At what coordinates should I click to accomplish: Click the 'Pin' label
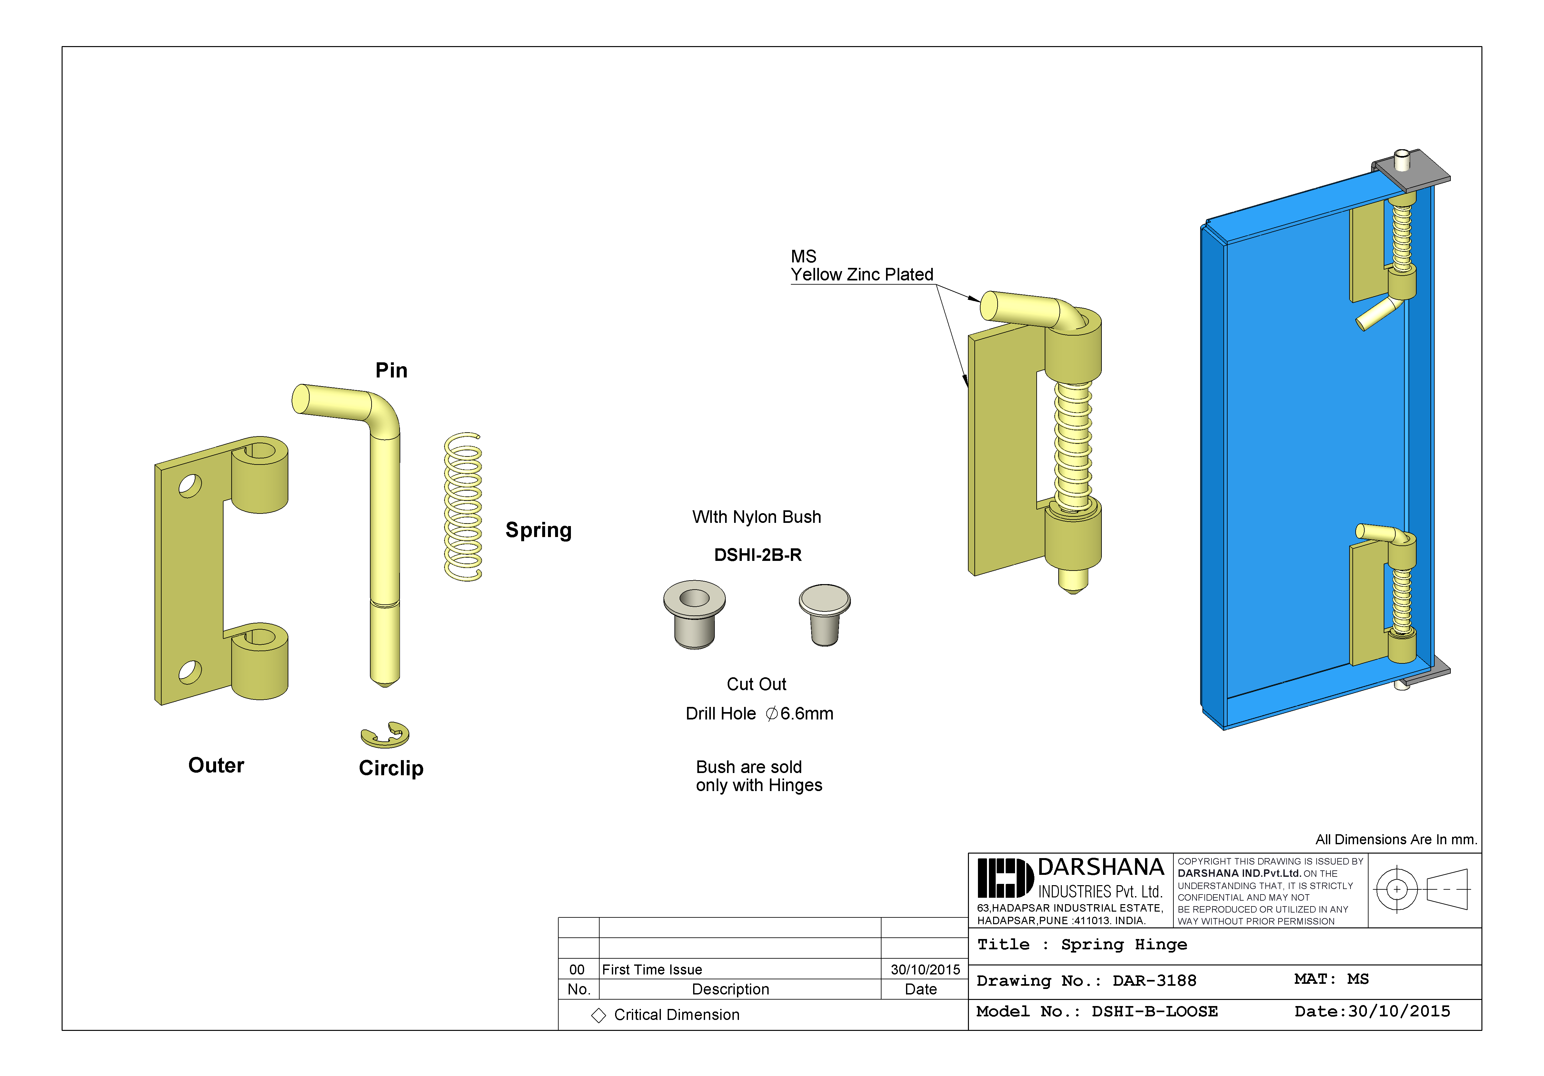click(391, 370)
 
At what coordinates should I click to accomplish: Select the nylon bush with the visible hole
click(694, 613)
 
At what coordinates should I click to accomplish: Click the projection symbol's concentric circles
click(1397, 889)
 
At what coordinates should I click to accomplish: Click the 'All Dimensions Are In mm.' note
click(1395, 839)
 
